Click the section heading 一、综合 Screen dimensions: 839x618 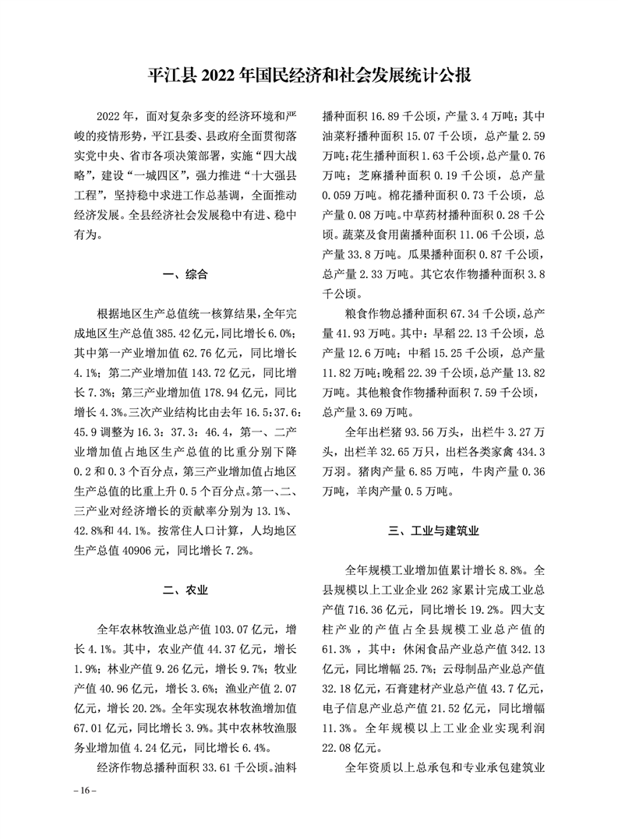185,273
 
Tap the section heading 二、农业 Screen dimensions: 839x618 185,590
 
